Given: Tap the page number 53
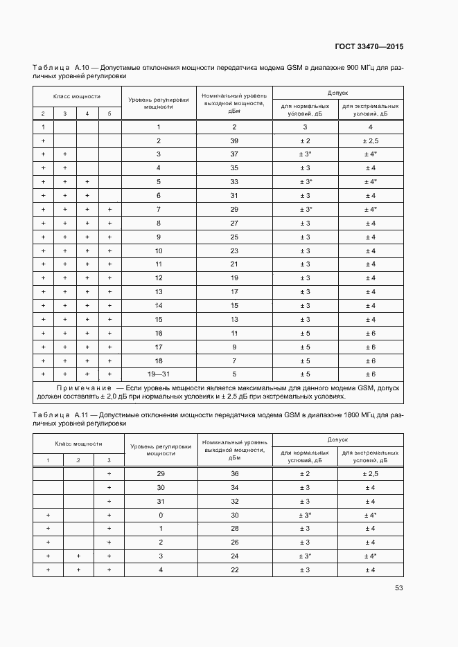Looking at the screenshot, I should (x=398, y=588).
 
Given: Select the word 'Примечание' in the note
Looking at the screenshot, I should (x=84, y=388).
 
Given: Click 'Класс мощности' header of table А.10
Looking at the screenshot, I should (x=77, y=97).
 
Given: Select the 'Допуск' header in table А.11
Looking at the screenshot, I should (x=337, y=439).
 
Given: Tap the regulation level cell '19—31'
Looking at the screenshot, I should (x=158, y=374).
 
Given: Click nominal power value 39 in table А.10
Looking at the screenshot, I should (x=234, y=140).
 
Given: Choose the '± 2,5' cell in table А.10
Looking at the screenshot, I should (x=370, y=140).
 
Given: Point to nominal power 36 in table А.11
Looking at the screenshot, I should (x=234, y=474).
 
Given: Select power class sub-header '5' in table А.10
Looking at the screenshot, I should (x=109, y=113).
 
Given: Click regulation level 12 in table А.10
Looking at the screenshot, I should (x=158, y=278).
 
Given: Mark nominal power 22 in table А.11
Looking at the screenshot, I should (x=234, y=569).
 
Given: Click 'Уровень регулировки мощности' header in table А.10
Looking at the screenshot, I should (x=158, y=103).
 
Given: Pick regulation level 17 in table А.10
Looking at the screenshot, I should (x=158, y=347).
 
